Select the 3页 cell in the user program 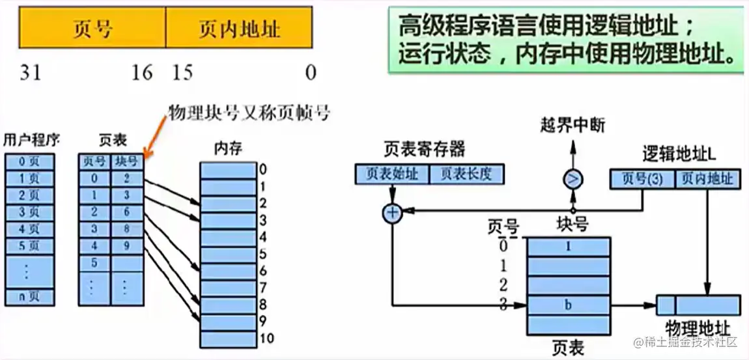29,212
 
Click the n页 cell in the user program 29,297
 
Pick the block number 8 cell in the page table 127,229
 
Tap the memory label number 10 267,338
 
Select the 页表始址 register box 392,174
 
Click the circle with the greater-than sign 573,179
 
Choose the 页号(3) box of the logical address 642,178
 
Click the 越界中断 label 573,126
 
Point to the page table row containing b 568,305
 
